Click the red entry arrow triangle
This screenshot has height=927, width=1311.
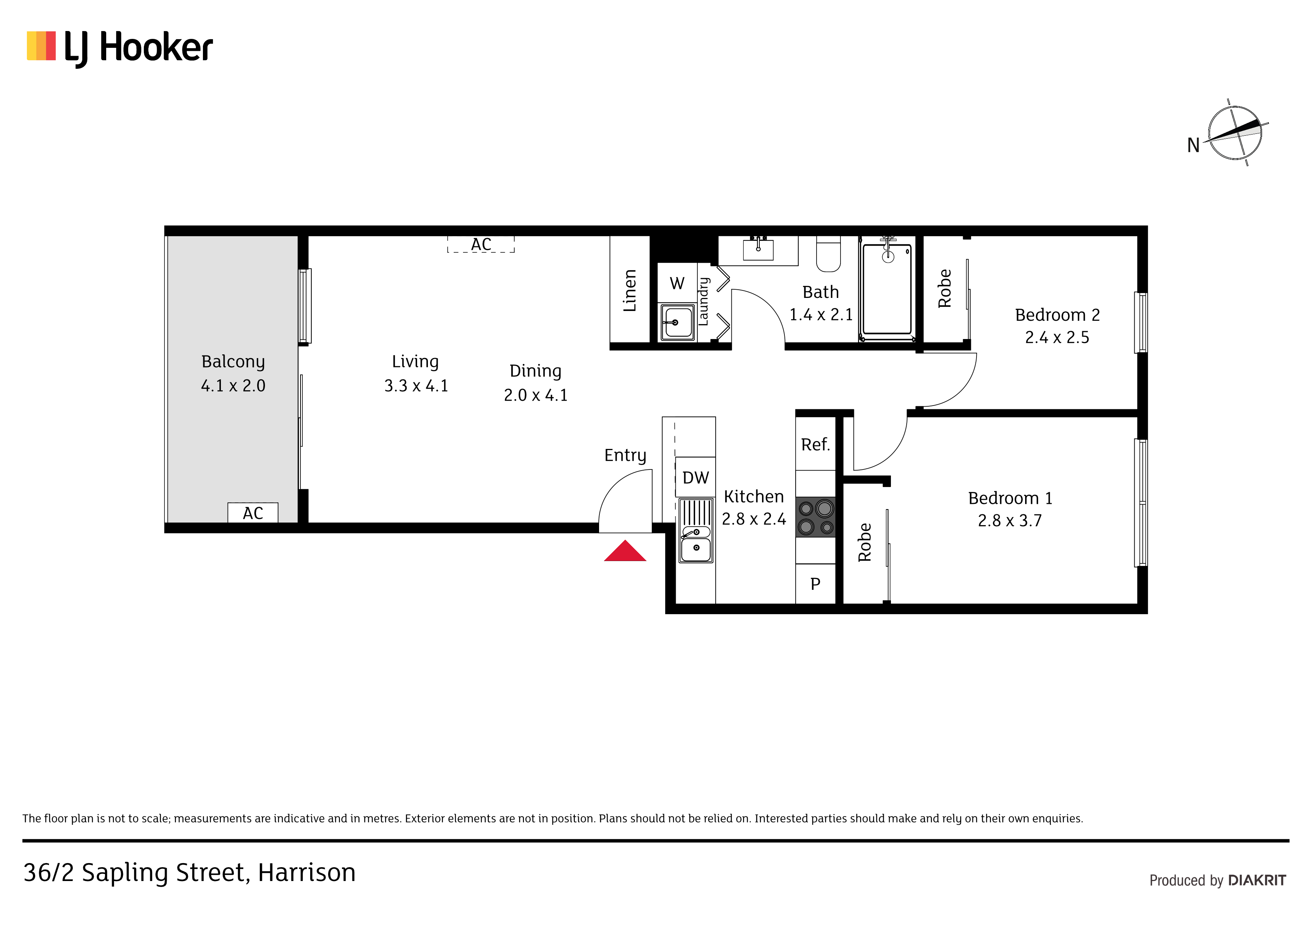pos(625,551)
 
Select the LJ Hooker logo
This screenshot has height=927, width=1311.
pos(120,48)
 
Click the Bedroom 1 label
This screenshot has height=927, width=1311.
pos(1010,498)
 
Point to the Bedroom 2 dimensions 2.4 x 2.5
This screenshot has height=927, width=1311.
pos(1057,338)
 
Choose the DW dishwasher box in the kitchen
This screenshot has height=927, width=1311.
pos(695,477)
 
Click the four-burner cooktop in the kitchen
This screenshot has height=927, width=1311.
pos(815,517)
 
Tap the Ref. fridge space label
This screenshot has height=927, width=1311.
pos(815,444)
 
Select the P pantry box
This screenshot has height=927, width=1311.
pos(815,584)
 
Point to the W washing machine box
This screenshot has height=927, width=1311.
pos(677,283)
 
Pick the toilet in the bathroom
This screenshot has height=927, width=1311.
pos(829,254)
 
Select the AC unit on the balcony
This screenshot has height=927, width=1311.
pos(253,513)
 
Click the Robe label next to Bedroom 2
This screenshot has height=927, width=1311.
pos(945,289)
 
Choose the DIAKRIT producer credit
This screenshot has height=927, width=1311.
pos(1257,880)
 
